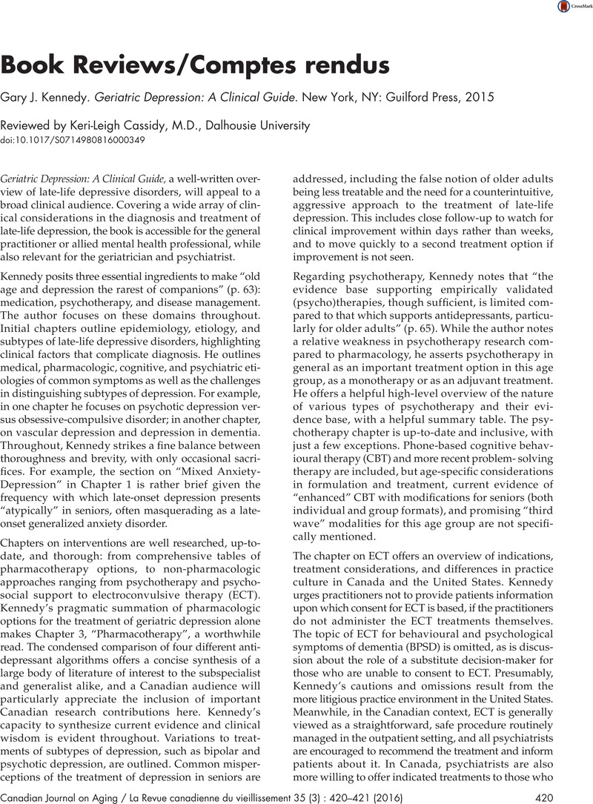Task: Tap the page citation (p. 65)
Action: (x=394, y=302)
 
